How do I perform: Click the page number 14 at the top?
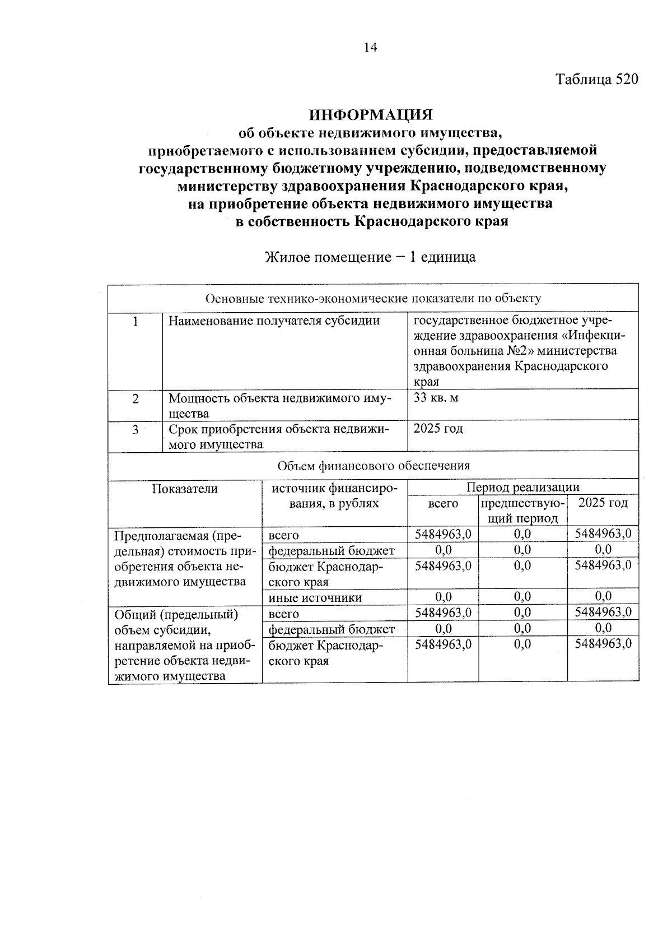tap(370, 48)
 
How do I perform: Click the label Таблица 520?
tap(597, 80)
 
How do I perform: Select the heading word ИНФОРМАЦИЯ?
tap(372, 115)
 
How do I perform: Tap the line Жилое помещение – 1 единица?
tap(370, 257)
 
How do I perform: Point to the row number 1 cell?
tap(135, 321)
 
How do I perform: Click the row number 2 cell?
tap(135, 398)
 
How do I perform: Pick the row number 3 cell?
tap(135, 429)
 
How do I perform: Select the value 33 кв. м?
tap(436, 398)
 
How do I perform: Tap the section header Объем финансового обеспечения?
tap(374, 465)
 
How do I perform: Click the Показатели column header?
tap(185, 489)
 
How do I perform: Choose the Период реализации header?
tap(523, 487)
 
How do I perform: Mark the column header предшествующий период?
tap(522, 511)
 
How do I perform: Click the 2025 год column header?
tap(603, 503)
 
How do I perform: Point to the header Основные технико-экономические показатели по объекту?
tap(374, 298)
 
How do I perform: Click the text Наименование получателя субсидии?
tap(274, 321)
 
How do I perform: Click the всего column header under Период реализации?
tap(442, 503)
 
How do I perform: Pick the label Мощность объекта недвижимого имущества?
tap(280, 406)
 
